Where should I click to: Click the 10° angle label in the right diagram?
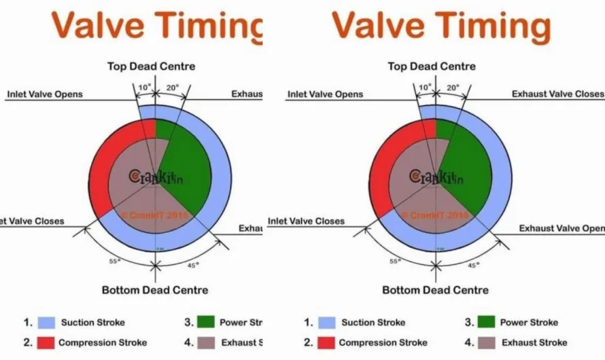(x=425, y=87)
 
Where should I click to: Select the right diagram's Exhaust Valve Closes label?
(x=557, y=94)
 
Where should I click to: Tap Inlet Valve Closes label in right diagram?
(x=306, y=221)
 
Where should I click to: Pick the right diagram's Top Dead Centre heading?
(x=432, y=67)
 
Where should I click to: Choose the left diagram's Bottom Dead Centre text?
(x=155, y=290)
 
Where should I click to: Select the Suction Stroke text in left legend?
(x=92, y=323)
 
